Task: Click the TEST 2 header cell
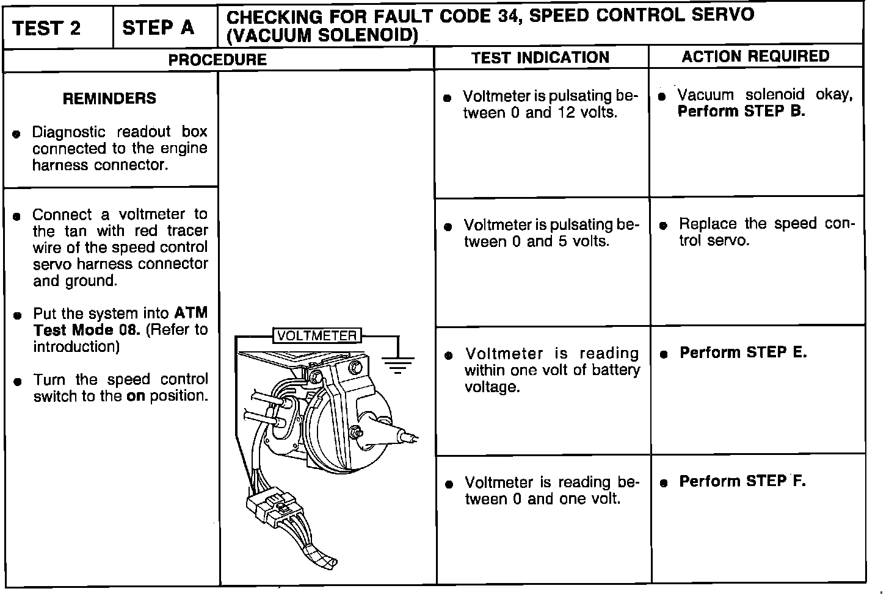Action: coord(46,28)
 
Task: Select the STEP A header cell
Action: coord(158,27)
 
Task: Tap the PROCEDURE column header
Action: coord(217,60)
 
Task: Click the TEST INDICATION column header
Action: coord(540,58)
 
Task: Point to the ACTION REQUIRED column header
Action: coord(755,57)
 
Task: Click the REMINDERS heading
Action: coord(109,98)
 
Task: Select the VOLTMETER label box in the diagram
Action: coord(317,335)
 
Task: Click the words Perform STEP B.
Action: coord(741,112)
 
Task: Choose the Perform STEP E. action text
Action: coord(743,352)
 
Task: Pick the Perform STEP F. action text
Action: coord(742,481)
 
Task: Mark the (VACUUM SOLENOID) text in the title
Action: coord(322,36)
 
